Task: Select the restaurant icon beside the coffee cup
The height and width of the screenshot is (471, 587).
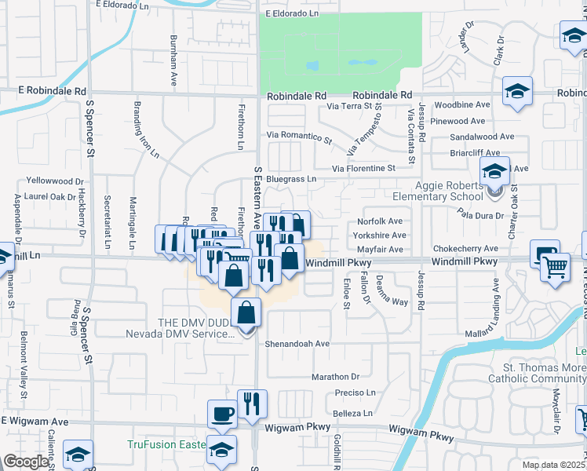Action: click(252, 404)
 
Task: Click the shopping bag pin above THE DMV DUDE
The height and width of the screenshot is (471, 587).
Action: click(246, 312)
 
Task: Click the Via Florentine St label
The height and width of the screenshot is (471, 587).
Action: click(363, 168)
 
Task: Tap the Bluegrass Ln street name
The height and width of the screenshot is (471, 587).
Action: click(290, 179)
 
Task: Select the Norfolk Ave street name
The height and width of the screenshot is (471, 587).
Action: click(379, 221)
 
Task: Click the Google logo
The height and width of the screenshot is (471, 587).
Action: click(26, 462)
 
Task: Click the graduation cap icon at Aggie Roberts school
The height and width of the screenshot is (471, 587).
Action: click(495, 171)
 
